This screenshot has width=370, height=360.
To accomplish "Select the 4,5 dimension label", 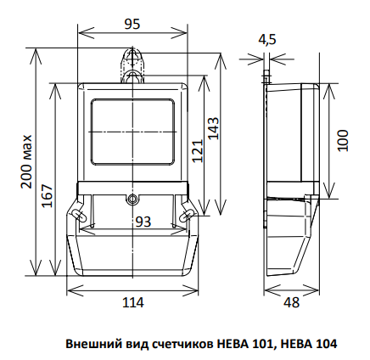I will click(267, 39).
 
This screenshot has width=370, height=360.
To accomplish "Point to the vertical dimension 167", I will click(48, 195).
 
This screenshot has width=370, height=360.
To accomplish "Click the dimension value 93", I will click(143, 222).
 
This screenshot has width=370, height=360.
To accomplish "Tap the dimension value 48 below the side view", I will click(291, 302).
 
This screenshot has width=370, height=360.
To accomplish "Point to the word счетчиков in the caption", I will click(181, 345).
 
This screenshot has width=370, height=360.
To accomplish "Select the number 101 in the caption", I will click(264, 345).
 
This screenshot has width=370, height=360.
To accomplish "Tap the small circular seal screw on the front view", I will click(132, 200).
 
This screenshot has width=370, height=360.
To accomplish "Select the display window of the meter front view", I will click(132, 132).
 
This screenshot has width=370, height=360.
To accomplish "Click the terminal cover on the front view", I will click(132, 255).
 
